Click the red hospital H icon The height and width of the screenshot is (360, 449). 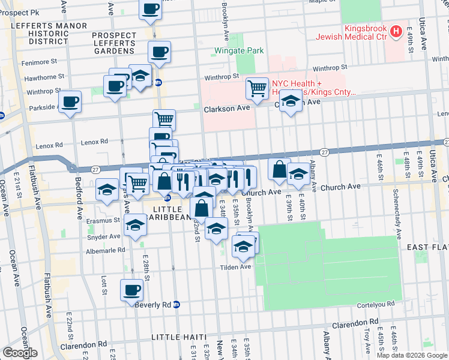(396, 31)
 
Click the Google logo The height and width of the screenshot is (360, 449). (20, 353)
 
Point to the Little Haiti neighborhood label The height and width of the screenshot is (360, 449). (179, 337)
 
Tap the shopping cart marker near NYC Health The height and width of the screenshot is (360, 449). (257, 89)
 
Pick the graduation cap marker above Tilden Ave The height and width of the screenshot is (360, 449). (243, 247)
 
